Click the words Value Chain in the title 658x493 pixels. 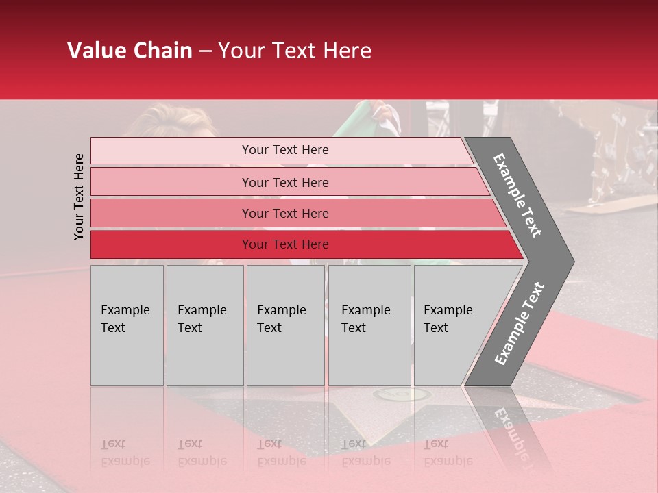[130, 51]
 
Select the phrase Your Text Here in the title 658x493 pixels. [295, 51]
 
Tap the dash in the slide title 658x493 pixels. [205, 51]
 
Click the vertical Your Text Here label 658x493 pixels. [79, 197]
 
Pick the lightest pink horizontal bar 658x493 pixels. [281, 150]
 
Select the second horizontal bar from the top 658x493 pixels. [285, 182]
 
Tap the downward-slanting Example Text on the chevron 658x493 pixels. [517, 195]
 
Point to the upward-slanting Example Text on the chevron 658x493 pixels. [520, 324]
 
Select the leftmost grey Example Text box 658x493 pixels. [127, 325]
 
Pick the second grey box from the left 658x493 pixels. [205, 325]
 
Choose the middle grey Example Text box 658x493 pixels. [285, 325]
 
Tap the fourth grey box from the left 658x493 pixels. [369, 325]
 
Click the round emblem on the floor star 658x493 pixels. [401, 394]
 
